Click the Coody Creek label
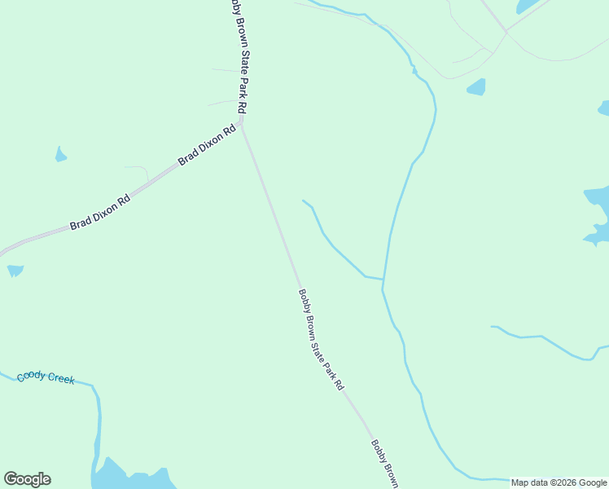(x=46, y=377)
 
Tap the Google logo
(x=27, y=479)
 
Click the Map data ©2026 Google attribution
(x=559, y=482)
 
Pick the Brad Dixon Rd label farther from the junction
(x=99, y=212)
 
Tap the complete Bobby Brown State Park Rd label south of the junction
(x=321, y=340)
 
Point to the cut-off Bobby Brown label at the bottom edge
(x=384, y=464)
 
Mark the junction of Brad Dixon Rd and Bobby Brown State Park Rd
(x=242, y=125)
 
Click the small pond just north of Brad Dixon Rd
(x=60, y=154)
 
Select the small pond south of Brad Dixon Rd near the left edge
(x=15, y=270)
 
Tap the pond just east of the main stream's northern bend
(x=476, y=86)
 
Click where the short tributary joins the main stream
(x=383, y=280)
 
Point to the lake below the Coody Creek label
(x=130, y=478)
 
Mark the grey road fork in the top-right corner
(x=506, y=32)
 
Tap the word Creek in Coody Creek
(x=60, y=378)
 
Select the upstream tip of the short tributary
(x=303, y=200)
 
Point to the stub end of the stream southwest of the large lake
(x=492, y=327)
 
